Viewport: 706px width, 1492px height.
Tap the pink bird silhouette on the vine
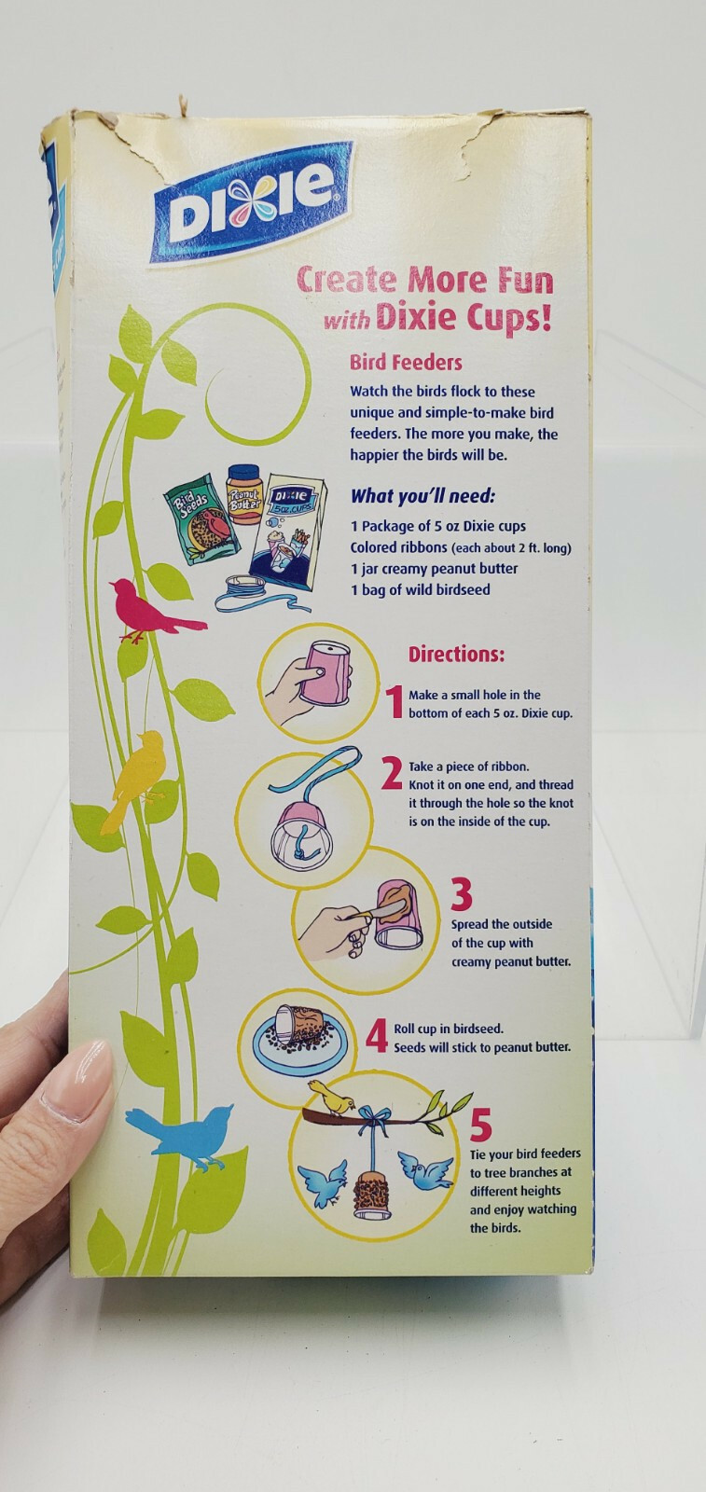[155, 610]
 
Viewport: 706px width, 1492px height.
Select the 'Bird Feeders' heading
[406, 363]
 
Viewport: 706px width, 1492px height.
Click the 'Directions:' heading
[456, 654]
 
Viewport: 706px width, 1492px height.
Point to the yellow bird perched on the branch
[333, 1098]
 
